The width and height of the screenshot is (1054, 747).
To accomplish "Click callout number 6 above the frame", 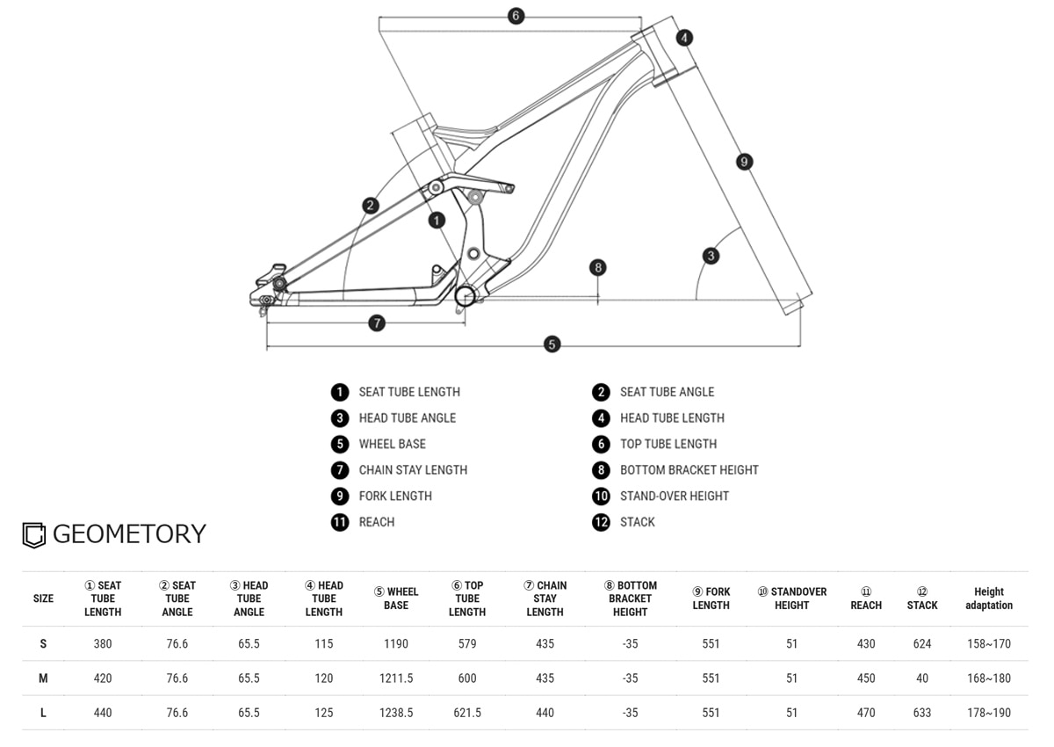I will coord(516,16).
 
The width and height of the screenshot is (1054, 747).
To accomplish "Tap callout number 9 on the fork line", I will coord(744,162).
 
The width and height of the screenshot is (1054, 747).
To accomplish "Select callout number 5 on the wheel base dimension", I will coord(552,344).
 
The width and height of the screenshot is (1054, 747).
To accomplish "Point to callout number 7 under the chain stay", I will coord(377,323).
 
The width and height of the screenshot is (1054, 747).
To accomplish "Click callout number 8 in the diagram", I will coord(598,267).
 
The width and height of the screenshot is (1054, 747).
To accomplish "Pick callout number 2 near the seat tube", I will coord(371,206).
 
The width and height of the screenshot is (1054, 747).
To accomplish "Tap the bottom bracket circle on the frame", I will coord(465,295).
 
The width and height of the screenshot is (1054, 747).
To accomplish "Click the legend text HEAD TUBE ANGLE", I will coord(407,417).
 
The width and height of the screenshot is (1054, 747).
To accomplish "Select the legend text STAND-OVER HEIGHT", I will coord(674,496).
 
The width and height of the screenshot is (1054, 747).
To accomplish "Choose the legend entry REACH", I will coord(376,522).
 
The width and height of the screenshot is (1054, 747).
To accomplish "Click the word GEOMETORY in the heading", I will coord(129,534).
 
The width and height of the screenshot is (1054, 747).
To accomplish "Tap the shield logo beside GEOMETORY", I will coord(33,535).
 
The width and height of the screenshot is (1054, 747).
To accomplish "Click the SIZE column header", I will coord(43,598).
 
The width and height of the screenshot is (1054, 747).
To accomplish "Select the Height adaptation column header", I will coord(988,598).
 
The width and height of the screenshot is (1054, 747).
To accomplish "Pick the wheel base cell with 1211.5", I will coord(396,678).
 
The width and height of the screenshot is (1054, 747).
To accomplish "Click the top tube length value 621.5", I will coord(467,713).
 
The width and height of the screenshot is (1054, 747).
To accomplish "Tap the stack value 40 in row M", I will coord(922,678).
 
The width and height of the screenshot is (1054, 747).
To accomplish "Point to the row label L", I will coord(43,713).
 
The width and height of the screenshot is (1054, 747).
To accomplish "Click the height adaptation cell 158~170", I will coord(988,644).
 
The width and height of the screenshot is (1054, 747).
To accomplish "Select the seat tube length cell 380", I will coord(103,644).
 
